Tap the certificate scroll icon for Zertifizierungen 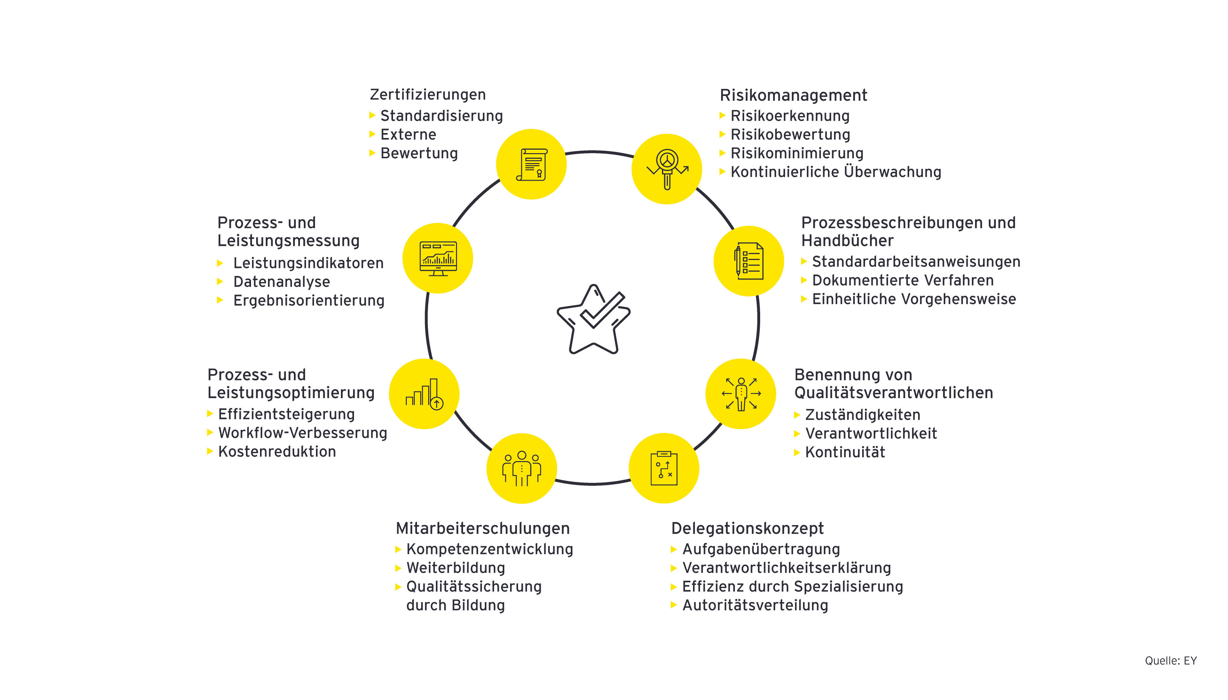click(531, 164)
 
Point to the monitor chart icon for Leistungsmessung click(438, 258)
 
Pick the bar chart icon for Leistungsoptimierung click(424, 394)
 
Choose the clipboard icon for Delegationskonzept click(664, 468)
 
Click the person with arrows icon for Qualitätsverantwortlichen click(741, 394)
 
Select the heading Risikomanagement click(793, 95)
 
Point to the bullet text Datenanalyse click(282, 282)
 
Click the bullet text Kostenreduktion click(277, 452)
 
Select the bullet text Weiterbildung click(456, 568)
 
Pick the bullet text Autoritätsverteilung click(755, 605)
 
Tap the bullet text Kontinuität click(845, 452)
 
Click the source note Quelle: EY click(1170, 661)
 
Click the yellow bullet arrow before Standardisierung click(372, 115)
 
